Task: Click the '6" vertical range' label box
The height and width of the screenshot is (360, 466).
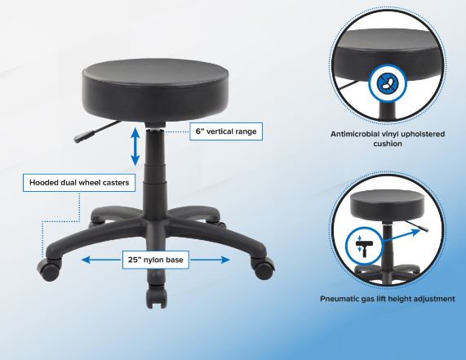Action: coord(226,131)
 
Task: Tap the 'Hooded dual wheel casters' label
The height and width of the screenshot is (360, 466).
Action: coord(79,182)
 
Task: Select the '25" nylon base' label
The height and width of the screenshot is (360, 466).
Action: coord(155,260)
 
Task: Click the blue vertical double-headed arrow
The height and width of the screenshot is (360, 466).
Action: coord(135,146)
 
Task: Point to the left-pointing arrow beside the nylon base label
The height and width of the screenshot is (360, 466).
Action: coord(101,260)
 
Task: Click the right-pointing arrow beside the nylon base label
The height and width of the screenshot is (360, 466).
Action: coord(210,260)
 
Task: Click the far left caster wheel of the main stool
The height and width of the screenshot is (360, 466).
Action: coord(49,269)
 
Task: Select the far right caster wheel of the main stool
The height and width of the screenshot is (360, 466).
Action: coord(263,268)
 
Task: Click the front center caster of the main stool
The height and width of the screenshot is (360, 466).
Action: coord(156,295)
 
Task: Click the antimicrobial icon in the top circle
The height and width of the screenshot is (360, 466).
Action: coord(387,83)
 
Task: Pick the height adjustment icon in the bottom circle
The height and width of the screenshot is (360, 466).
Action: coord(364,246)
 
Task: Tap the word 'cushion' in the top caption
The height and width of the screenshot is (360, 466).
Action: coord(388,144)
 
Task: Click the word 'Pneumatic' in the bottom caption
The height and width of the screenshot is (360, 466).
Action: coord(340,299)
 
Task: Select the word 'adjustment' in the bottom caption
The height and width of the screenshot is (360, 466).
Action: coord(435,299)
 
